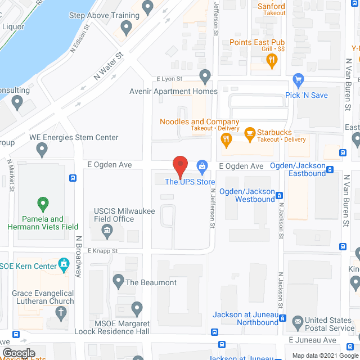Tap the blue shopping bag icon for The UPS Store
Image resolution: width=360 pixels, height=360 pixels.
[x=201, y=166]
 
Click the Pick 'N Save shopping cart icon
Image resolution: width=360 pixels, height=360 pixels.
[x=299, y=79]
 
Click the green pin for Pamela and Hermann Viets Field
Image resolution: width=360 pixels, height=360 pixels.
[x=42, y=203]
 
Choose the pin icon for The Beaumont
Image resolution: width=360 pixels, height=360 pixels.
[x=118, y=280]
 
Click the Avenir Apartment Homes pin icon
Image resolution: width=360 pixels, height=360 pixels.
[x=205, y=75]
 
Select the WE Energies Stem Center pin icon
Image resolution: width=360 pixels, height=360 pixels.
[x=42, y=150]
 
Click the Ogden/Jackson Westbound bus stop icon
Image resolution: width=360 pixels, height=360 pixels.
[x=280, y=195]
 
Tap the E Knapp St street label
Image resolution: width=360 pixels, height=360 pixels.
[x=102, y=251]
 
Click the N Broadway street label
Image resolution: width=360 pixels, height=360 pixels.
[x=79, y=256]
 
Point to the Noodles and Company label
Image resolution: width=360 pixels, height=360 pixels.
[x=199, y=122]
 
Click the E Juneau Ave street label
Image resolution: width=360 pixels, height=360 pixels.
[x=312, y=340]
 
